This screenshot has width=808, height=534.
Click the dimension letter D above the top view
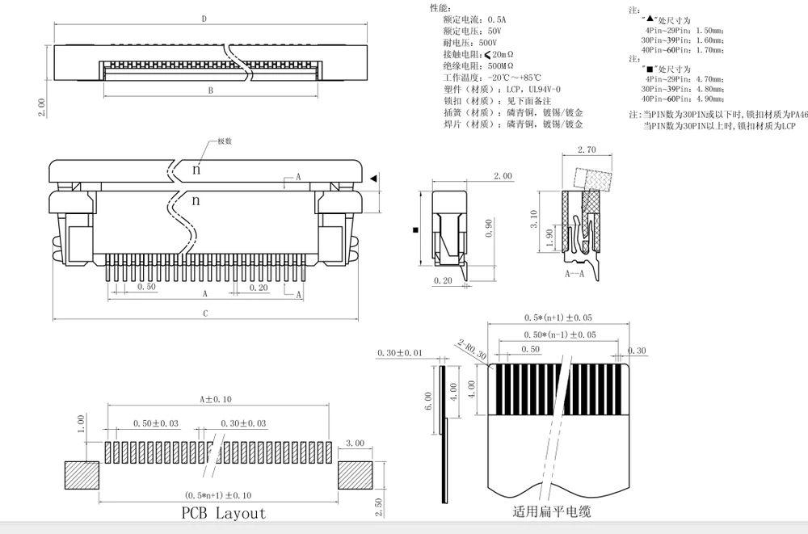point(204,18)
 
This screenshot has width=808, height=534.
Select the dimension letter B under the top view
point(210,91)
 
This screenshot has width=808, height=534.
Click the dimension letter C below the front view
point(205,313)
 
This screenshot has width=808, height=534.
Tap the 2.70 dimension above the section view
point(587,150)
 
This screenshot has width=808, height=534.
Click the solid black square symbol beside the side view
point(415,230)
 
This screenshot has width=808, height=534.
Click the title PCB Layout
point(223,512)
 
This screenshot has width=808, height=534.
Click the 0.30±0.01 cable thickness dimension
point(400,353)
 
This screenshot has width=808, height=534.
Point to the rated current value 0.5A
point(488,18)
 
